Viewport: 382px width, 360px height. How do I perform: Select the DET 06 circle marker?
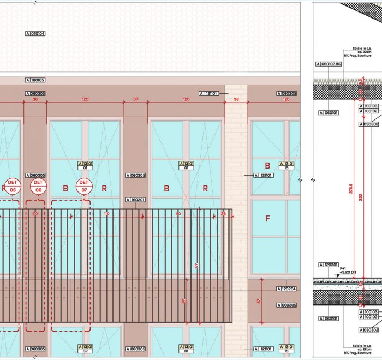38,186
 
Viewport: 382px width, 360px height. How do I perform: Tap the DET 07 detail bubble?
83,186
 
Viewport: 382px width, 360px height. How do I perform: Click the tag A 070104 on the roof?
35,34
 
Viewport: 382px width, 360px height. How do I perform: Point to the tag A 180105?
35,80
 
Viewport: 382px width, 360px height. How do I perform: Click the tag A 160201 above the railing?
136,200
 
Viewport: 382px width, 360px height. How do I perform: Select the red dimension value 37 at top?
136,100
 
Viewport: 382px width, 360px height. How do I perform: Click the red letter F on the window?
267,219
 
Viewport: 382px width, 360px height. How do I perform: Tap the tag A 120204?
286,289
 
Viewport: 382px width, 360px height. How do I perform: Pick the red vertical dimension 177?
196,265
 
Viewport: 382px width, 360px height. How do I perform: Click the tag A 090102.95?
329,64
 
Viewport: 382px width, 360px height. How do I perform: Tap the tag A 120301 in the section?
327,264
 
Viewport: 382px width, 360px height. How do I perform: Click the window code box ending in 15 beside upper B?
287,165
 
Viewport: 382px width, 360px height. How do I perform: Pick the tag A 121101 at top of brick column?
208,93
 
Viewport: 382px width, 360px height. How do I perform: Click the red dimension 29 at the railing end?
223,213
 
